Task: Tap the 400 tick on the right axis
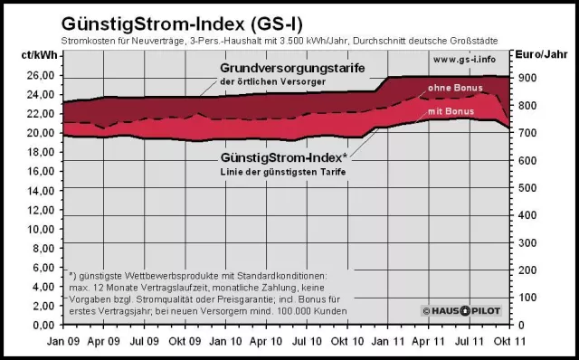[526, 215]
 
